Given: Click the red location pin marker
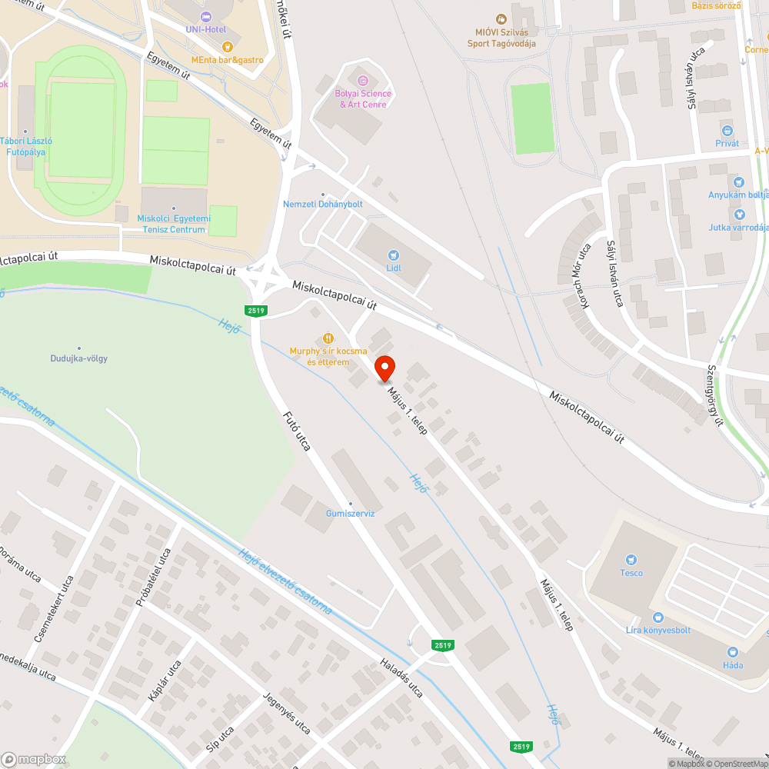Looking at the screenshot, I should (x=384, y=368).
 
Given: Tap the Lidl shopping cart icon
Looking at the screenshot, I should (x=394, y=255).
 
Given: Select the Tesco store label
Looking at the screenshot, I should (x=631, y=573).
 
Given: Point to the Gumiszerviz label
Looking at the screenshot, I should (x=350, y=514).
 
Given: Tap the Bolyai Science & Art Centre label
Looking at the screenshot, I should (x=363, y=98).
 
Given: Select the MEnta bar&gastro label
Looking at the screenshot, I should (x=228, y=59).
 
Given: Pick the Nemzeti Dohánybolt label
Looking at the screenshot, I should (x=323, y=204).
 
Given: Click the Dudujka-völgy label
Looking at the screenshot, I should (x=80, y=358).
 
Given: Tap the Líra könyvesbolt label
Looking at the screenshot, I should (x=658, y=630).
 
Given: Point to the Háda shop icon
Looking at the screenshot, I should (x=732, y=651).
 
